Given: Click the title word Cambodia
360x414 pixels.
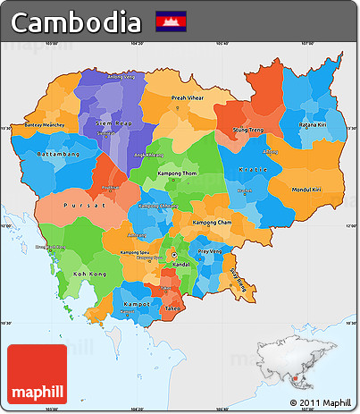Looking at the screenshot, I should [77, 21].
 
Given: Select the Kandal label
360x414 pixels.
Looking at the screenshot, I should [180, 266].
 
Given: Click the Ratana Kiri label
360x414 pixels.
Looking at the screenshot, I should [314, 125].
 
